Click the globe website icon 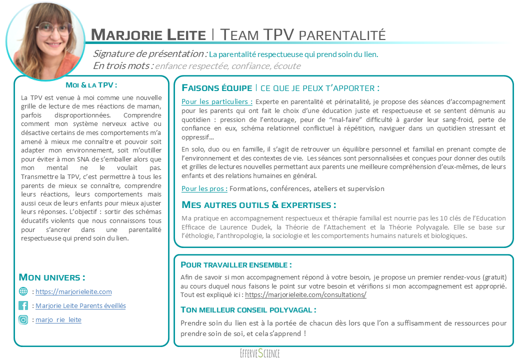[x=23, y=291]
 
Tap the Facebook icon [x=23, y=305]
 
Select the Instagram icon [x=23, y=320]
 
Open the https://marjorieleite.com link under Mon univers [x=73, y=291]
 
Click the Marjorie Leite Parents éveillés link [x=80, y=305]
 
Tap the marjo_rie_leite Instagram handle [x=58, y=320]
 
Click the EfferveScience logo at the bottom [x=259, y=353]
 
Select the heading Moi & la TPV [x=91, y=85]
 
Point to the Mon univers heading [x=51, y=277]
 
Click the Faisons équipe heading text [x=217, y=88]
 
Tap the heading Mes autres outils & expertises [x=258, y=205]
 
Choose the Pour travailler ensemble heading [x=236, y=264]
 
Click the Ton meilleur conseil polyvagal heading [x=248, y=309]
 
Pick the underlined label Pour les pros [x=204, y=188]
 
